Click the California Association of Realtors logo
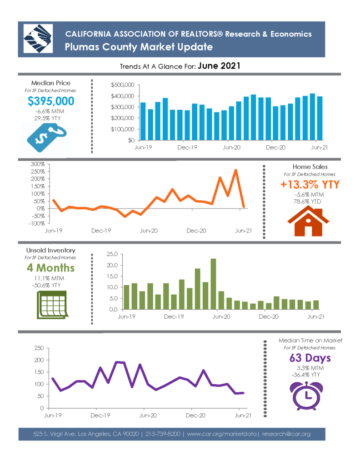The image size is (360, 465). (38, 39)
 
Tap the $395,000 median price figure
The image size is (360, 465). (51, 101)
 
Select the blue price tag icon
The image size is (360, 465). (47, 138)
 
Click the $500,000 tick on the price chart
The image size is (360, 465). (122, 85)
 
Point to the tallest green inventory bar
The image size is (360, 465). (213, 284)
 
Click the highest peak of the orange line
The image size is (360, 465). (235, 170)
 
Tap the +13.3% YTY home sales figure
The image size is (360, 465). (310, 184)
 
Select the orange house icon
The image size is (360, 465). (308, 221)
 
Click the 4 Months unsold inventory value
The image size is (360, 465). (50, 268)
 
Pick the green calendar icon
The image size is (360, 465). (52, 305)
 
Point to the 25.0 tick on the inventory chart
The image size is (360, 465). (112, 254)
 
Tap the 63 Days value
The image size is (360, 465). (310, 358)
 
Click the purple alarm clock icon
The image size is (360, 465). (306, 396)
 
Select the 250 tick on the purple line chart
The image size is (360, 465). (39, 348)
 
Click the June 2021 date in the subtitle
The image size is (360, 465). (219, 66)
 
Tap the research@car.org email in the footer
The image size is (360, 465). (286, 434)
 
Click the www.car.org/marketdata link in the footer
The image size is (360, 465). (221, 434)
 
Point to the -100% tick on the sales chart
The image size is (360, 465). (36, 223)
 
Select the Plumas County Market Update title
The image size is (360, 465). (139, 47)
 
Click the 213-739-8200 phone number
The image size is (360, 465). (163, 434)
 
